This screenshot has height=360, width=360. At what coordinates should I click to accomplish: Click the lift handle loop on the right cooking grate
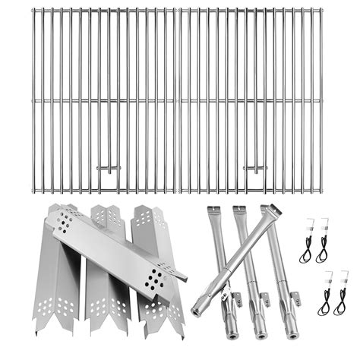coord(256,167)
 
